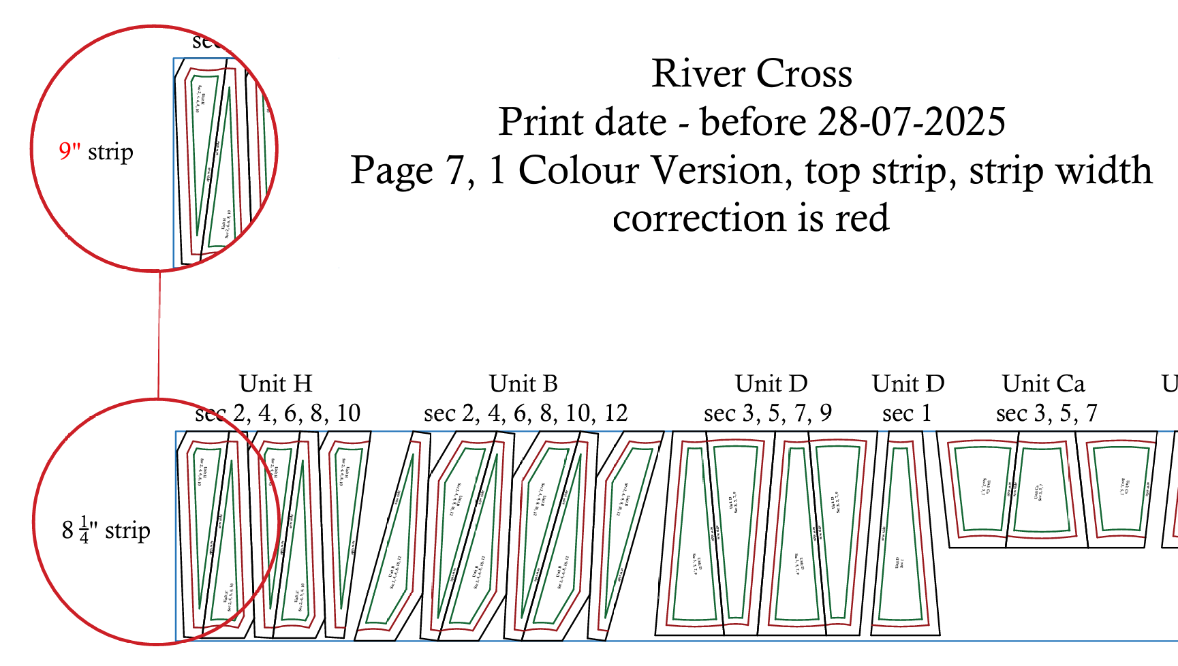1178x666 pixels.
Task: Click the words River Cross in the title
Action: click(751, 74)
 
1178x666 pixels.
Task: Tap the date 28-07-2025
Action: click(912, 123)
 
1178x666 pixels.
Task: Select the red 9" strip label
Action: click(96, 151)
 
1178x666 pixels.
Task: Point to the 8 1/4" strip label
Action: click(106, 530)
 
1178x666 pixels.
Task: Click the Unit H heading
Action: click(276, 384)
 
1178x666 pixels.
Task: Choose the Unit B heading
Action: click(523, 384)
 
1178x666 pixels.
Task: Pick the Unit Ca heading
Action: click(1044, 384)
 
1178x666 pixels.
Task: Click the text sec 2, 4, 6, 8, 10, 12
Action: click(525, 413)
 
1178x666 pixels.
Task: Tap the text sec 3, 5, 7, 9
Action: click(768, 413)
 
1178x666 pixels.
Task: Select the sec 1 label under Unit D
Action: click(906, 413)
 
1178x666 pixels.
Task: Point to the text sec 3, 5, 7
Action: click(1047, 413)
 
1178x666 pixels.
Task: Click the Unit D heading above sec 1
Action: click(908, 384)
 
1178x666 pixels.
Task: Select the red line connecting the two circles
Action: click(159, 334)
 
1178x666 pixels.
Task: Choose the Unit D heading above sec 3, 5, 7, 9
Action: click(771, 384)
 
